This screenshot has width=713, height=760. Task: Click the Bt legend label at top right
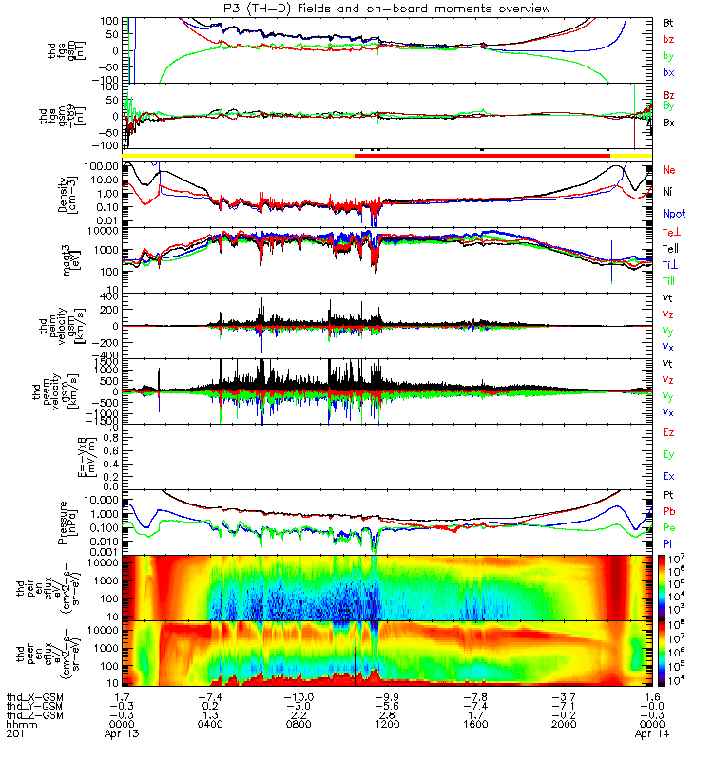[670, 21]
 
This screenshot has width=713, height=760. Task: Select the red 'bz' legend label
[670, 39]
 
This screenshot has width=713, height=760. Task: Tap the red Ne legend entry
[670, 169]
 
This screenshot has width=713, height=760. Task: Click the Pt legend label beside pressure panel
[670, 496]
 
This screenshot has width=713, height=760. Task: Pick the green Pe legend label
[670, 526]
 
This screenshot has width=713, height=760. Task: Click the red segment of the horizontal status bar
[481, 154]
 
